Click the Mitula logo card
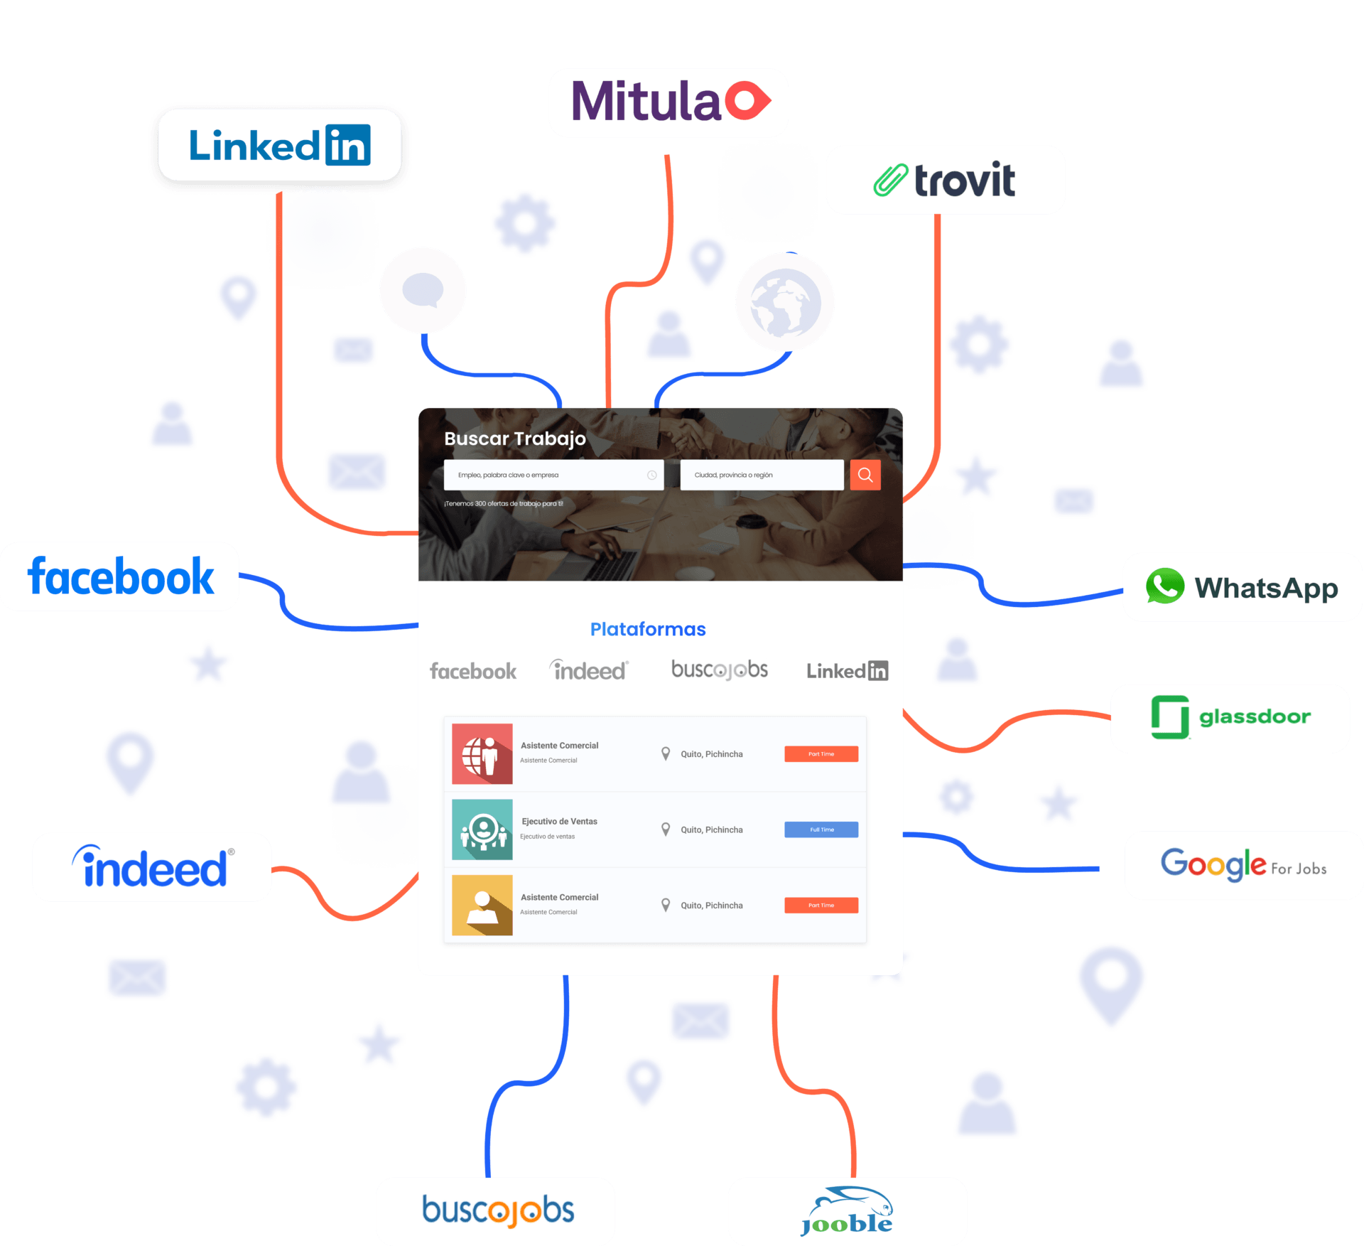pos(668,102)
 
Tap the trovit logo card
pos(945,180)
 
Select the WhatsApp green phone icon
pos(1164,586)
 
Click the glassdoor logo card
pos(1230,718)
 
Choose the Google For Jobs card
pos(1243,865)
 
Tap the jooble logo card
pos(847,1211)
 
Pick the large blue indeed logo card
pos(151,866)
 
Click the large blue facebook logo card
pos(120,576)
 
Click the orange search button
pos(865,475)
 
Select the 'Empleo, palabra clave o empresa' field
pos(553,475)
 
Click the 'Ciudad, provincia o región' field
pos(761,475)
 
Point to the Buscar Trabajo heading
pos(515,439)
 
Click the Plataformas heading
pos(648,629)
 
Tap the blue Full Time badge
pos(821,829)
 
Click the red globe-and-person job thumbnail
pos(482,753)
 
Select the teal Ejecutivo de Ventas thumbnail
pos(482,829)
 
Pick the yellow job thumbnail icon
pos(482,905)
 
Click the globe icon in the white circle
pos(784,302)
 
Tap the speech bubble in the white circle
pos(423,290)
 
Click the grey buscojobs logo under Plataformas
pos(719,670)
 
